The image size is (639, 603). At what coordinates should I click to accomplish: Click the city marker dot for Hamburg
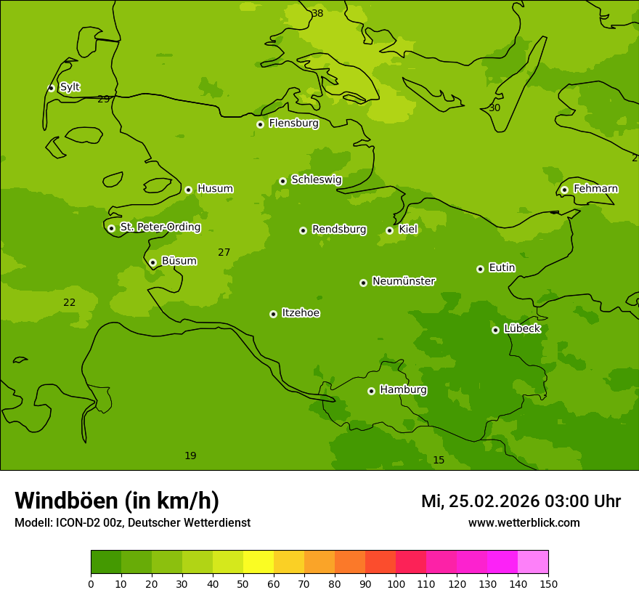[x=371, y=391]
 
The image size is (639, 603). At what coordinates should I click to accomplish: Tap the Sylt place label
[x=70, y=87]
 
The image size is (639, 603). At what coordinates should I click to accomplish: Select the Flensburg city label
[x=293, y=124]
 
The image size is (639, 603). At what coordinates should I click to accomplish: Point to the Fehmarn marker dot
[x=564, y=190]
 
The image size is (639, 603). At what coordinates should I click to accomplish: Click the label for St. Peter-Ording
[x=160, y=227]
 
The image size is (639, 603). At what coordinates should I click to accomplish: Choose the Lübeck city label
[x=522, y=329]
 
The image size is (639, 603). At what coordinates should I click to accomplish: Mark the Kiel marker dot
[x=389, y=230]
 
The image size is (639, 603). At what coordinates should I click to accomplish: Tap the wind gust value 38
[x=317, y=14]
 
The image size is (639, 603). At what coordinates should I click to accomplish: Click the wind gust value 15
[x=439, y=460]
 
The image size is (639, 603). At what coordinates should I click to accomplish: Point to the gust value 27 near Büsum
[x=224, y=253]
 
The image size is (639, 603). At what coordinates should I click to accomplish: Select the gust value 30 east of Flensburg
[x=494, y=108]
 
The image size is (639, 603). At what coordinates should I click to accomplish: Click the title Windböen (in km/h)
[x=117, y=501]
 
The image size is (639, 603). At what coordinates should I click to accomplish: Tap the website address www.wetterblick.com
[x=524, y=522]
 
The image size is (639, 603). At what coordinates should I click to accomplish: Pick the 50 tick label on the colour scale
[x=243, y=583]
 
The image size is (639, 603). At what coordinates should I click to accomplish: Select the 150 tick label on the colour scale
[x=548, y=583]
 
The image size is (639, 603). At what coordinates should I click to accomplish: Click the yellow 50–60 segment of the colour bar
[x=259, y=562]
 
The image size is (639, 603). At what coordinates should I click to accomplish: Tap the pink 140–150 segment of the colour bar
[x=533, y=562]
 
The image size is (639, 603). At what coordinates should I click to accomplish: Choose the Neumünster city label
[x=403, y=281]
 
